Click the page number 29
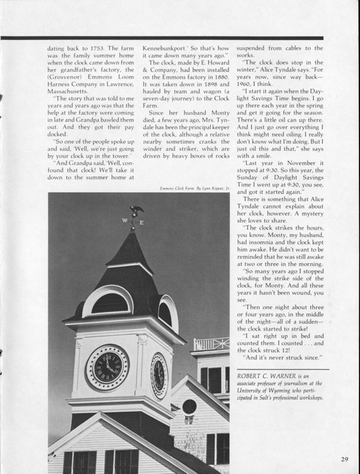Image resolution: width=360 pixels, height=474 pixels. click(x=345, y=459)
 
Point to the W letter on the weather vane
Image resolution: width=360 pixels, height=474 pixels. click(x=125, y=221)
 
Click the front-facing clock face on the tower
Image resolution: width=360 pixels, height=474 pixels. click(x=107, y=367)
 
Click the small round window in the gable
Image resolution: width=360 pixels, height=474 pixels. click(x=189, y=407)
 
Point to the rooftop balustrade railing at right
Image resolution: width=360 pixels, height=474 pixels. click(x=212, y=344)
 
